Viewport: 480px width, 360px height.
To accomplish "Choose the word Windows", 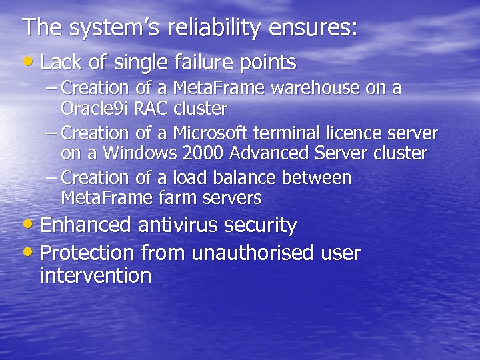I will tap(133, 153).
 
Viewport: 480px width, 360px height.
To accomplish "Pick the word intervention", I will tap(95, 275).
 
